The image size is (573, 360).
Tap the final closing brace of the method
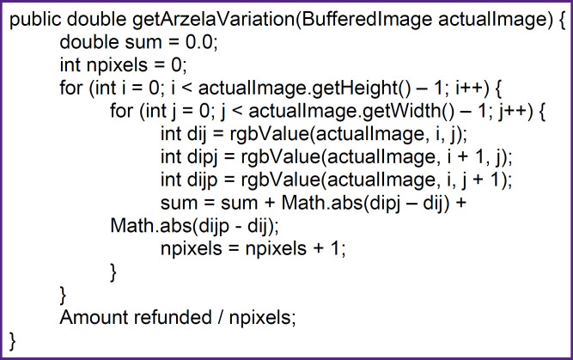pyautogui.click(x=13, y=339)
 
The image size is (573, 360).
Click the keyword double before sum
pyautogui.click(x=88, y=43)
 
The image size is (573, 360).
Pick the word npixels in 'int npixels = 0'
pyautogui.click(x=121, y=65)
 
